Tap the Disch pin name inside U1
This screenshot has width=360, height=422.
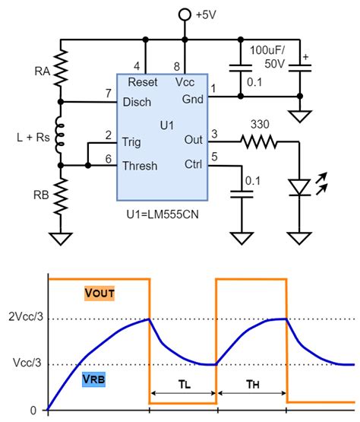(137, 102)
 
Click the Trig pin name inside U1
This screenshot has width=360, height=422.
(132, 141)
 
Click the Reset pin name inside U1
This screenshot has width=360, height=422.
(143, 82)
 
